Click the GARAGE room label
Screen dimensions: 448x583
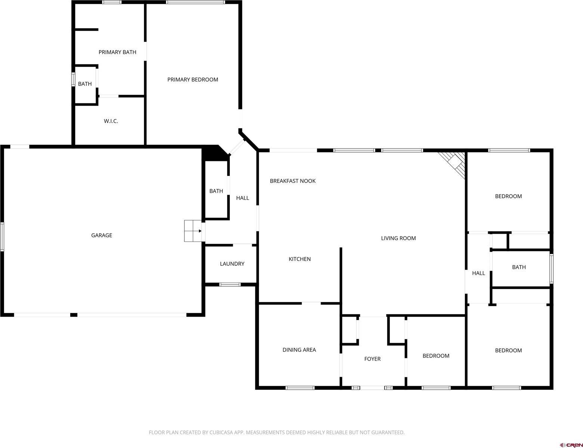102,235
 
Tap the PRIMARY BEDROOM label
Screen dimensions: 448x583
192,80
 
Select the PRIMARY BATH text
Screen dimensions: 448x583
117,52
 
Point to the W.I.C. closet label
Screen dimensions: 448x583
111,121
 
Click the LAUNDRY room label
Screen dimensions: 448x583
232,264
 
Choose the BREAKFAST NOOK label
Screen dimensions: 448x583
293,181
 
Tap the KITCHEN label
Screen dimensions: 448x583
299,259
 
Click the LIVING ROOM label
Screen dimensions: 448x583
398,238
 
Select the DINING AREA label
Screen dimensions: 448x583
299,350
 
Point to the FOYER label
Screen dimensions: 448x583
372,359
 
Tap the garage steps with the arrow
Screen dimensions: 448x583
193,231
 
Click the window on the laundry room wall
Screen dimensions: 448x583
230,284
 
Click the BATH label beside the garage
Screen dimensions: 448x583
216,191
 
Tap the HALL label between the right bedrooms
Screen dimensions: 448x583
478,273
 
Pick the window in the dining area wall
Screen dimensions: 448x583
300,388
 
